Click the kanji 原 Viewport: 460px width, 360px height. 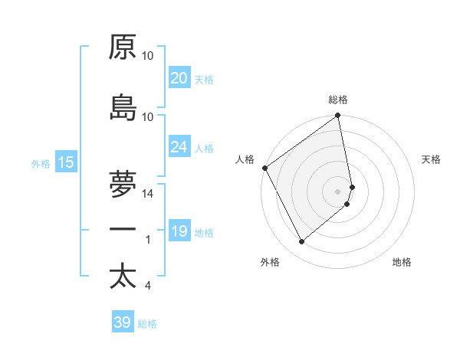click(123, 47)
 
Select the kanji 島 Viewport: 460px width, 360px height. click(123, 108)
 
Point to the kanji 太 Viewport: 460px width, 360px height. click(123, 276)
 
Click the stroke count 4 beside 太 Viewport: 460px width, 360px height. click(147, 286)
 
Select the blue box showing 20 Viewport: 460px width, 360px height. click(179, 78)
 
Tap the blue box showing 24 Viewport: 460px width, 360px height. click(179, 147)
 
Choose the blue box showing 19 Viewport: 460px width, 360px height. click(179, 231)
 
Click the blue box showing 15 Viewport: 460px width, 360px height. click(65, 162)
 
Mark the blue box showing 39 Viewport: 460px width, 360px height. click(122, 322)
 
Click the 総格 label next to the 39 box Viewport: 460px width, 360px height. click(147, 324)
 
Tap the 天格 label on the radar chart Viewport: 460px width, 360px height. click(431, 159)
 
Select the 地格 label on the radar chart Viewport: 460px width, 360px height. click(402, 262)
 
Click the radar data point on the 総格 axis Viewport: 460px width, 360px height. click(338, 116)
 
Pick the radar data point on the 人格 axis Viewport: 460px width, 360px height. click(264, 168)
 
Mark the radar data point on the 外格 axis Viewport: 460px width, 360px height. click(301, 242)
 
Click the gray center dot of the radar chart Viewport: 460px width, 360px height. click(338, 191)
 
